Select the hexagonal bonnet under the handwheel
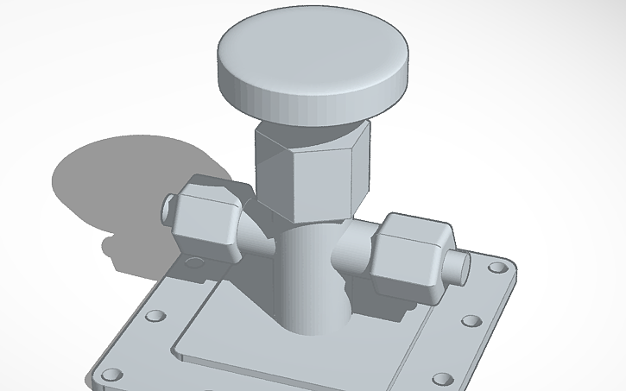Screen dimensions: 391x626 tap(311, 168)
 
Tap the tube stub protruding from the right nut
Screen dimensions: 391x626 tap(457, 268)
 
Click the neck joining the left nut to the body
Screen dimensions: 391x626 tap(256, 237)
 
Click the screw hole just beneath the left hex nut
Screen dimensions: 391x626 tap(196, 262)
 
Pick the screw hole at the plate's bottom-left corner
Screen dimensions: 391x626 tap(111, 375)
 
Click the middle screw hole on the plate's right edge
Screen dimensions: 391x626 tap(471, 321)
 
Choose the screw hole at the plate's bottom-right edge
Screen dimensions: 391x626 tap(442, 379)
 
